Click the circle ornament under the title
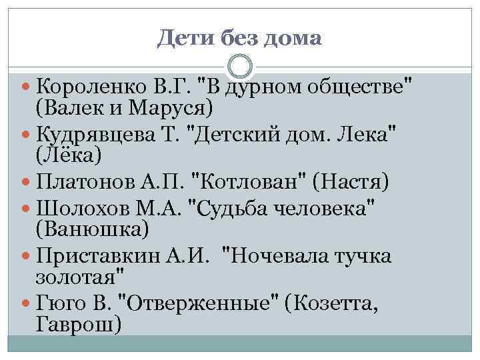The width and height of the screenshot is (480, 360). [240, 67]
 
